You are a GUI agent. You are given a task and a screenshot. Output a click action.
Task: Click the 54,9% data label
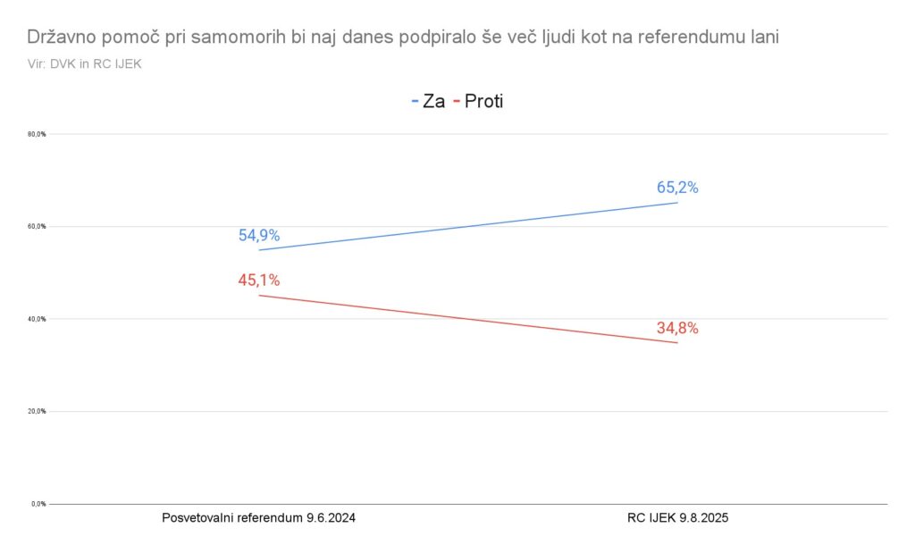point(259,236)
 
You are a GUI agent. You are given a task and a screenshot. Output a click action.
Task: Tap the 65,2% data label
point(677,188)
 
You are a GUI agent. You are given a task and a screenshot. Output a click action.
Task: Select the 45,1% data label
point(259,281)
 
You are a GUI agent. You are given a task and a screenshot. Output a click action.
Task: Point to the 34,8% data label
point(677,328)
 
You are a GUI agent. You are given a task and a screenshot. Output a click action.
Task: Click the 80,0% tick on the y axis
point(38,134)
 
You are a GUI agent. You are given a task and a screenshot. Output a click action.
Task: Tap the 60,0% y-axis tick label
point(38,227)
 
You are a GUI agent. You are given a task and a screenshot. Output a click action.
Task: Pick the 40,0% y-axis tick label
point(38,319)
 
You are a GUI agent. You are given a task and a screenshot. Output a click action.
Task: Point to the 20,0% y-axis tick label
point(38,412)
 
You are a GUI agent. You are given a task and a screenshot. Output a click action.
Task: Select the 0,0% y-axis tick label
point(38,504)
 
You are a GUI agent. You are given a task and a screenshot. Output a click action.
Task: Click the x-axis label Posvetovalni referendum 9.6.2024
point(259,518)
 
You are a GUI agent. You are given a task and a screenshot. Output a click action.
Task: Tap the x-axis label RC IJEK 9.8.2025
point(677,518)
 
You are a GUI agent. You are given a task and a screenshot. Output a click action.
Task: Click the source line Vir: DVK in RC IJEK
point(85,63)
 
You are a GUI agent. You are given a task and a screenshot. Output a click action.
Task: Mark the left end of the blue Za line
point(259,250)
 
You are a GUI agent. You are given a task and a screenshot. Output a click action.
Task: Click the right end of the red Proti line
point(677,343)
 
